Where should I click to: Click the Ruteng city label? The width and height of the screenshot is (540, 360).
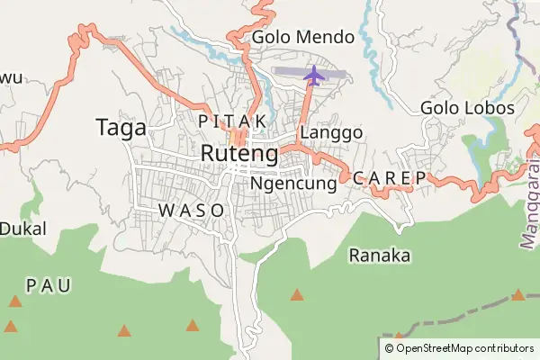point(238,153)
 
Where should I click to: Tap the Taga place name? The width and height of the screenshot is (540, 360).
point(121,129)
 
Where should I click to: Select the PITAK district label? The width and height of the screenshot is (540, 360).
point(231,120)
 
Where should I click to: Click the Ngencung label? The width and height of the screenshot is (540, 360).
point(293,183)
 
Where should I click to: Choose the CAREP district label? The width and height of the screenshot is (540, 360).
point(390,178)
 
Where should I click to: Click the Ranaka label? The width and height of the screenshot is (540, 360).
point(379,256)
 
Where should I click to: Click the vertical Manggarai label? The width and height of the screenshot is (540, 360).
point(528,202)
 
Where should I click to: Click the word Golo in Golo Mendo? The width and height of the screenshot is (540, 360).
point(271,38)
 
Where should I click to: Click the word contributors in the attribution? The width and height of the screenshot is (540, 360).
point(506,347)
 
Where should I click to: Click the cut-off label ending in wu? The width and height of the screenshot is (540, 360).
point(10,77)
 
